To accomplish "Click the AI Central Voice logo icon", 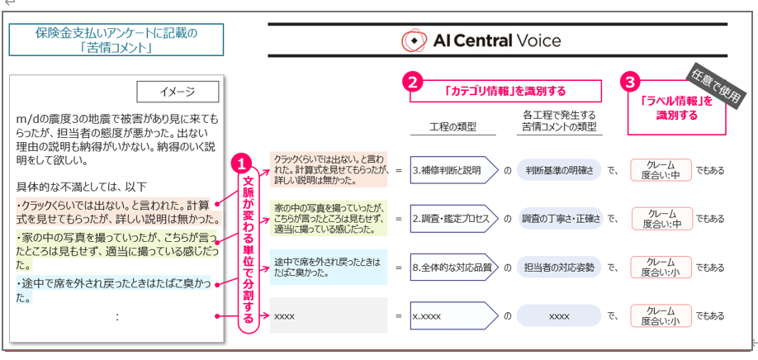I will [x=413, y=40].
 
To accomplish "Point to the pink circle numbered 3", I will [x=631, y=82].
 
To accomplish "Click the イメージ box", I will [x=178, y=91].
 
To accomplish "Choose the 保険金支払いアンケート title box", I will [x=117, y=40].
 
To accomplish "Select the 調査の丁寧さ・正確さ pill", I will [x=559, y=219].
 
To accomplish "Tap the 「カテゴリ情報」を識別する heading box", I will [x=506, y=90].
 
